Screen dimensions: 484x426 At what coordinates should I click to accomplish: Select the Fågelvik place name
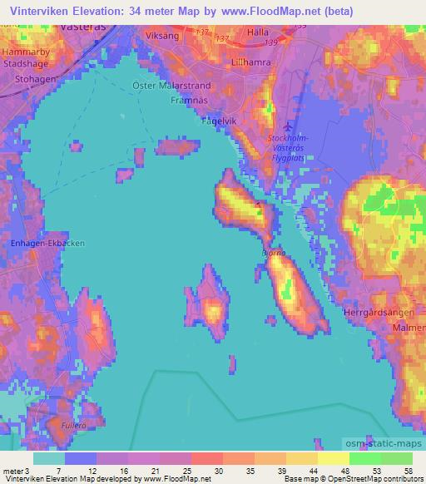221,121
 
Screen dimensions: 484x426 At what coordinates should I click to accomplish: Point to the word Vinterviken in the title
39,12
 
